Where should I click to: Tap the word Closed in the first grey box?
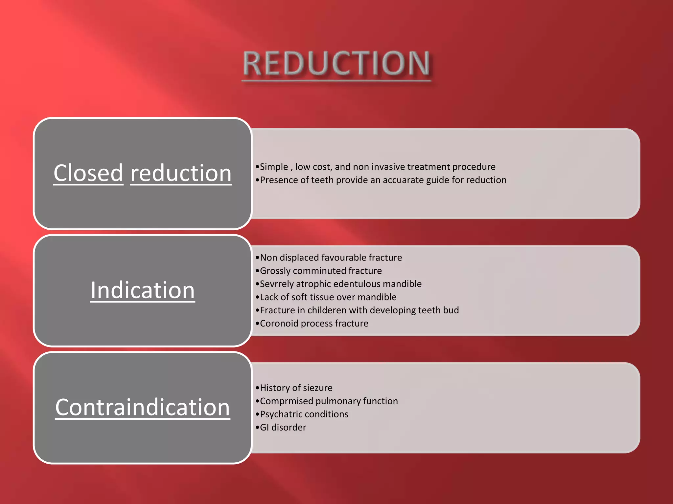click(x=88, y=173)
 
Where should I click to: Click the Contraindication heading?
click(x=143, y=407)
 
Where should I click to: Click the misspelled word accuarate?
click(x=403, y=180)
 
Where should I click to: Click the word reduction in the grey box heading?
click(x=181, y=173)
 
